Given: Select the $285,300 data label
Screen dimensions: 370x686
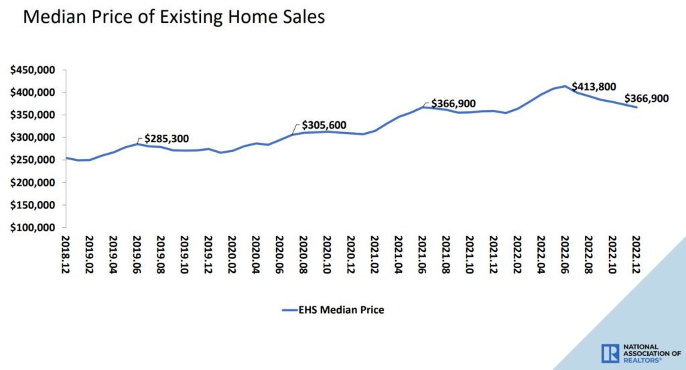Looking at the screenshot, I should click(166, 139).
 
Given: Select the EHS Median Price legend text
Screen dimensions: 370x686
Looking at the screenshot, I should click(343, 310).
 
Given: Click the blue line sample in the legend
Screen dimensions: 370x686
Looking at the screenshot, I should click(289, 310).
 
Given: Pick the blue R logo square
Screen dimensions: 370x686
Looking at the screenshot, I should click(610, 353).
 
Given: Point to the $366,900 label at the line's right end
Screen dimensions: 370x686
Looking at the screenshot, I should click(647, 99).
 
